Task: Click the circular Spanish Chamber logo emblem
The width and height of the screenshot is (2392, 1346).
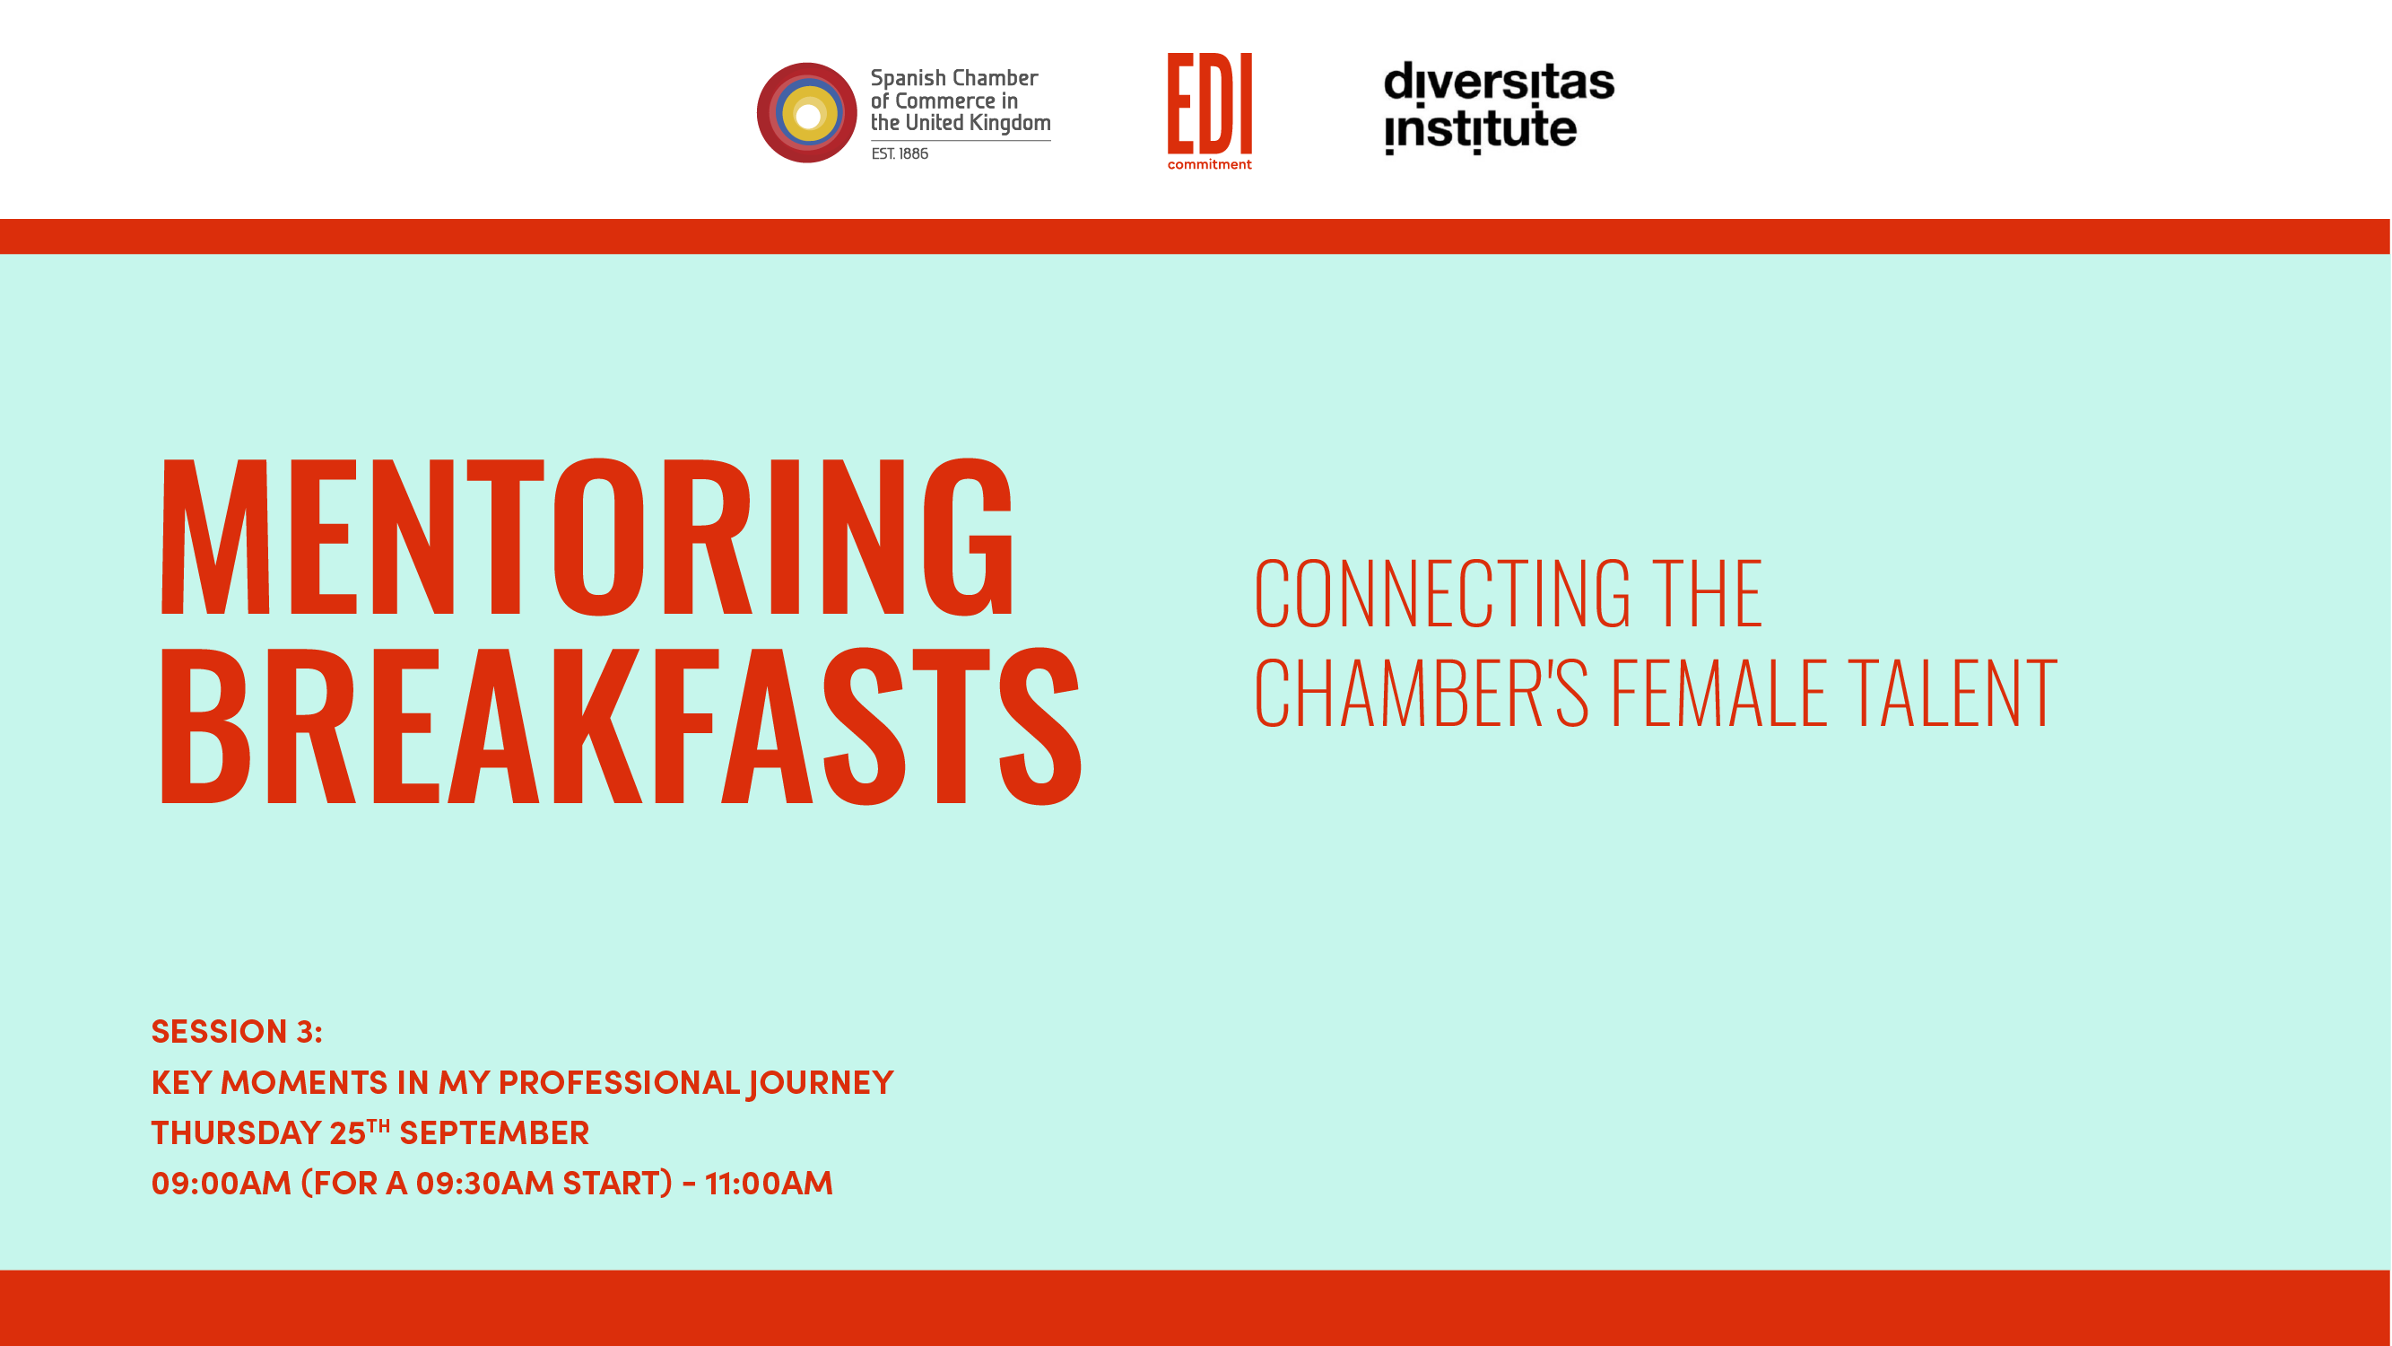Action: pyautogui.click(x=806, y=112)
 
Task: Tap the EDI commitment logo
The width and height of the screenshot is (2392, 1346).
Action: pyautogui.click(x=1209, y=111)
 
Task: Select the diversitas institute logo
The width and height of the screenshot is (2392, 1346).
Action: pyautogui.click(x=1499, y=108)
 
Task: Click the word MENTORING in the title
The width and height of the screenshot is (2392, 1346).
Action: pyautogui.click(x=587, y=537)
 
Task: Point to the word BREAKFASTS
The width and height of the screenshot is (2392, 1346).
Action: pyautogui.click(x=621, y=725)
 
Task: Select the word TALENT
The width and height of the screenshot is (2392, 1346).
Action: pyautogui.click(x=1953, y=692)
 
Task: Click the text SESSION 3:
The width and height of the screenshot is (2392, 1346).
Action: pyautogui.click(x=237, y=1031)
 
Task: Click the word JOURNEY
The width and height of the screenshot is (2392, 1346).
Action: pyautogui.click(x=821, y=1083)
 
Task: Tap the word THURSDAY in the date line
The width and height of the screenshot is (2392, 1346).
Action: pyautogui.click(x=236, y=1133)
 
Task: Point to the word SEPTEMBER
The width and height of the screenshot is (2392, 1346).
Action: pyautogui.click(x=494, y=1133)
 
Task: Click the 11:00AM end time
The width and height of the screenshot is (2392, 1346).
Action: pyautogui.click(x=769, y=1184)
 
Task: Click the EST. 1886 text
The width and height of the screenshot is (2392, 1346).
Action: pyautogui.click(x=900, y=153)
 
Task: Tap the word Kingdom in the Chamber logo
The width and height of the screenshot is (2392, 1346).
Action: pyautogui.click(x=1010, y=124)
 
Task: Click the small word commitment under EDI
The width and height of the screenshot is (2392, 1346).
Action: pyautogui.click(x=1209, y=164)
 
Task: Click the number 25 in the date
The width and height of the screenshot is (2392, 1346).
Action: pyautogui.click(x=347, y=1133)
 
